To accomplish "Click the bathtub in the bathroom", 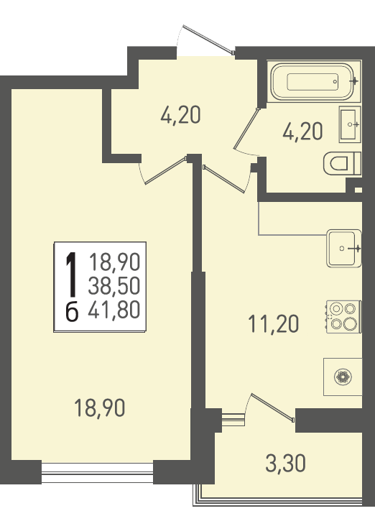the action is (x=312, y=81).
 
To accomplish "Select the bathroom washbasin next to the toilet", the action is (x=350, y=124).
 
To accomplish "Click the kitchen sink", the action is (x=343, y=249).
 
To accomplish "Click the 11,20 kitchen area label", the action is (x=274, y=324).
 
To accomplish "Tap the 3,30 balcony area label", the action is (x=286, y=464).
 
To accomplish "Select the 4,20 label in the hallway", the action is (x=180, y=115).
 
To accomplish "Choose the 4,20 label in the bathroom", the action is (x=302, y=132).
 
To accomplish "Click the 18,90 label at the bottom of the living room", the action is (x=100, y=408).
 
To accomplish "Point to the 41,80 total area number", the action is (x=114, y=310).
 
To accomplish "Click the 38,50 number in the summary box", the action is (x=114, y=285).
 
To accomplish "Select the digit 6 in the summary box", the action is (x=72, y=311).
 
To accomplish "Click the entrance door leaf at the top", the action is (x=208, y=39).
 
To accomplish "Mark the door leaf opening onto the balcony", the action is (x=273, y=408).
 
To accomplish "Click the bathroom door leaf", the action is (x=246, y=129).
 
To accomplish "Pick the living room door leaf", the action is (x=165, y=171).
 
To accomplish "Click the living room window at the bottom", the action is (x=98, y=472).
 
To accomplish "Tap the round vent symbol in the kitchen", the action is (x=343, y=377).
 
